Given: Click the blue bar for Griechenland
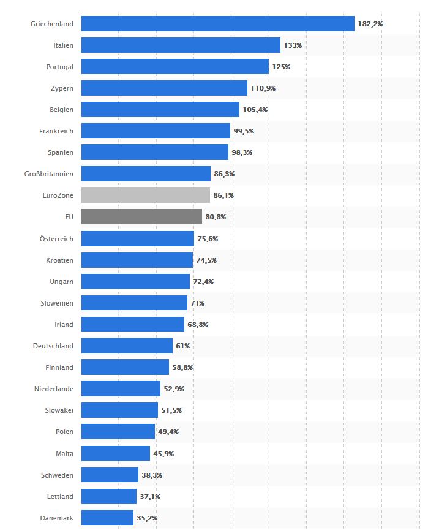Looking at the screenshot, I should [217, 23].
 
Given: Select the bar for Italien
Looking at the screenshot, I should [181, 45].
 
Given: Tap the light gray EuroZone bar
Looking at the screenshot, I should [146, 195].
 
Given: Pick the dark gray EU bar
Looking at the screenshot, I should [141, 217].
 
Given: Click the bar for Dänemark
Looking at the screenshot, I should [107, 518].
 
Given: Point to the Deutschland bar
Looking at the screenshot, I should [127, 346].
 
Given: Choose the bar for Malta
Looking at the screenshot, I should [116, 453].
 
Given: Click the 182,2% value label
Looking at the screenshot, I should [370, 24].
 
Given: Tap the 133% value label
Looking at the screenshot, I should [293, 45].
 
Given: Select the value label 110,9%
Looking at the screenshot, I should [263, 88].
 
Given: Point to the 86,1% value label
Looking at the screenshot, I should [224, 195].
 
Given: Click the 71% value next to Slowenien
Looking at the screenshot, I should [197, 303].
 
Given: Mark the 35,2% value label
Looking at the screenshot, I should [147, 518].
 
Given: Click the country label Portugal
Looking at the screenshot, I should [59, 67].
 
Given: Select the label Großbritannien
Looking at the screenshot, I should [49, 174].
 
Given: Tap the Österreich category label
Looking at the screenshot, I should [56, 238].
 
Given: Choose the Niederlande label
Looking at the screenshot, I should [54, 389].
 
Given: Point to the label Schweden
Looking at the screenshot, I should [57, 475].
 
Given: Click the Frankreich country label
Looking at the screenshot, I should [56, 131].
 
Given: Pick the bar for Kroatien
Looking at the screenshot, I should [137, 260].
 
